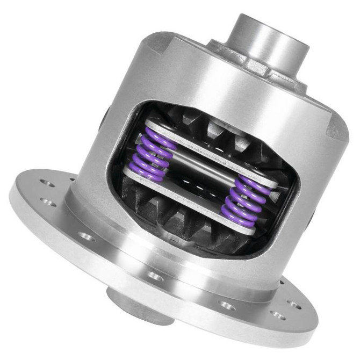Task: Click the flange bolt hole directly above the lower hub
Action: click(x=155, y=276)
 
